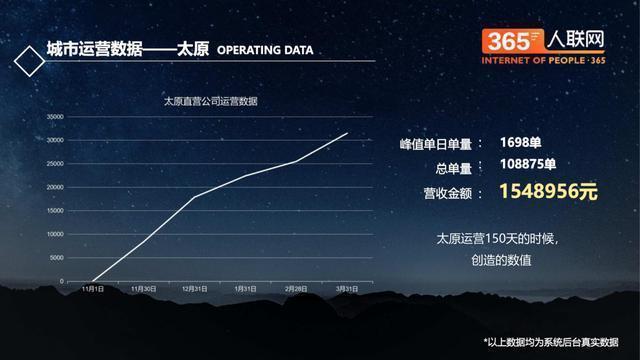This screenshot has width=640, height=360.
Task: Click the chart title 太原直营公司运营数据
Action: pos(211,101)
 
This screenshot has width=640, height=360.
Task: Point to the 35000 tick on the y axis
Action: pos(56,116)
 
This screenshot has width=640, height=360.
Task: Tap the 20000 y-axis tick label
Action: pos(56,187)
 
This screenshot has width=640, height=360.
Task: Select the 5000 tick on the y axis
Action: pos(58,258)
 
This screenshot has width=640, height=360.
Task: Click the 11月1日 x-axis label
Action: pos(91,289)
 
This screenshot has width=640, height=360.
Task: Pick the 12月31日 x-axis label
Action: pos(194,289)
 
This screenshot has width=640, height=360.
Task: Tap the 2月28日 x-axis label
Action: pos(296,289)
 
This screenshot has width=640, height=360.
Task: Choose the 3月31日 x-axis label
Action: pos(347,289)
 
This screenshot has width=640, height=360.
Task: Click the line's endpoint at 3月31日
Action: pos(347,133)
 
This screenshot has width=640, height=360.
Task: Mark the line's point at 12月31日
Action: pos(194,197)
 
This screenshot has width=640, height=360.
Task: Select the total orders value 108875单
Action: pos(535,166)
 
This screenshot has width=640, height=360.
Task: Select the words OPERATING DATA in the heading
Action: pos(265,49)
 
